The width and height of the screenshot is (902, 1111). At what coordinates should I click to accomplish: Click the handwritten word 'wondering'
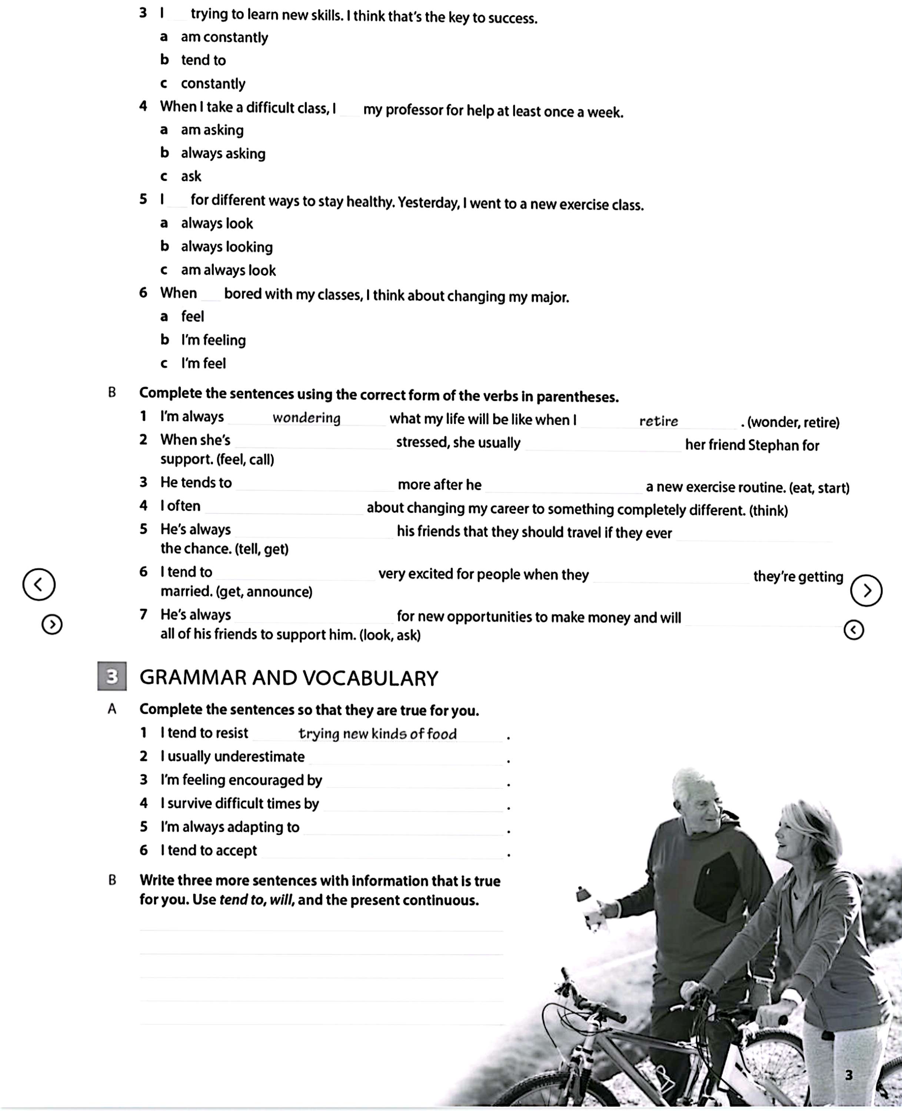tap(307, 418)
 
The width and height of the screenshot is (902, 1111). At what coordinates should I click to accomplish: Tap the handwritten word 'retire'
tap(658, 421)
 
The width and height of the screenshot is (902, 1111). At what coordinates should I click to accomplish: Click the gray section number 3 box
tap(112, 676)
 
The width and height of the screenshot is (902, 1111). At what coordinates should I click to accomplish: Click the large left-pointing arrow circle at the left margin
tap(39, 584)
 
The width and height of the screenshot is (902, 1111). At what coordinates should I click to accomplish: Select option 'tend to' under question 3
tap(203, 60)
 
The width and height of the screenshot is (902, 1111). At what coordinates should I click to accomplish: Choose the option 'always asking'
tap(223, 153)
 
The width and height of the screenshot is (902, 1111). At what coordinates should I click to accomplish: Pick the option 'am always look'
tap(228, 270)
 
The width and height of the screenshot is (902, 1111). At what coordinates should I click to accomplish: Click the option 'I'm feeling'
tap(213, 340)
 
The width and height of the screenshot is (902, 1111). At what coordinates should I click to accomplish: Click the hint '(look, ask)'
tap(390, 635)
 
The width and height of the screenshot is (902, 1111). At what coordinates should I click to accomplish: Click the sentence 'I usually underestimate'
tap(232, 756)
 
